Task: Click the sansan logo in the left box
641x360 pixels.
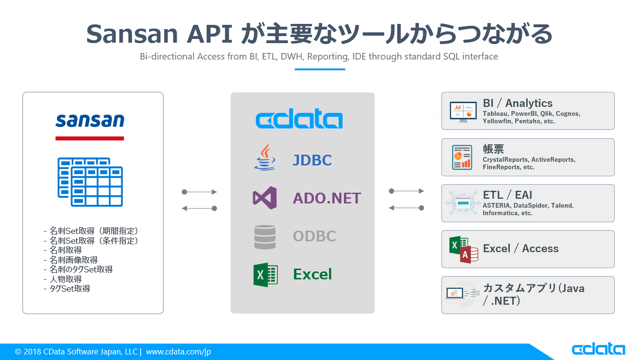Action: point(89,120)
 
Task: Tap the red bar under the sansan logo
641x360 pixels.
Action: point(89,138)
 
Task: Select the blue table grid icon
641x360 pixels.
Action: point(90,182)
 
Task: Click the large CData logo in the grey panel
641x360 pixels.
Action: point(299,120)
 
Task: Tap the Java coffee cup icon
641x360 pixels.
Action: point(265,157)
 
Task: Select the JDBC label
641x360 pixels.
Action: point(312,160)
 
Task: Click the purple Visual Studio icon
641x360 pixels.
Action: point(265,198)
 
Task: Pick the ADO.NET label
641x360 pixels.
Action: point(327,198)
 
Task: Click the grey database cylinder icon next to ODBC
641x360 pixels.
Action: point(265,237)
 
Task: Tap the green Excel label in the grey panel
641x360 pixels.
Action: point(312,274)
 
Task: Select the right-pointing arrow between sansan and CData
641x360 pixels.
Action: point(199,192)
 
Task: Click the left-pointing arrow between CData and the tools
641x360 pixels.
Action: point(406,208)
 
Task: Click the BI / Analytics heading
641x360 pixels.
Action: point(517,103)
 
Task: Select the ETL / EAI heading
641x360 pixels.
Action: point(507,195)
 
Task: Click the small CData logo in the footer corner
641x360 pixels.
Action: point(598,349)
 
